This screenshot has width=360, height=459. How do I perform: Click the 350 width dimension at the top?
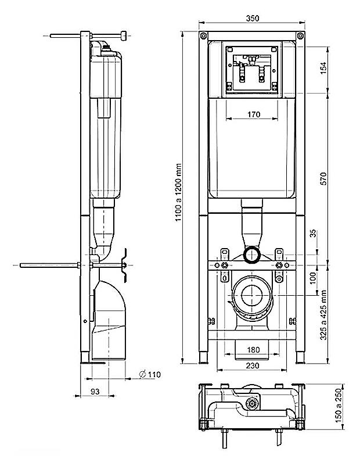[252, 18]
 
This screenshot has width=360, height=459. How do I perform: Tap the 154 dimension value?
[323, 68]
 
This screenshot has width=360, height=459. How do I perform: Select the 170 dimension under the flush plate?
[254, 114]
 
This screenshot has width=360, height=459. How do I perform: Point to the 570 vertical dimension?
[323, 178]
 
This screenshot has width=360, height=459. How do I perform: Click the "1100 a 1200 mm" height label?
[178, 193]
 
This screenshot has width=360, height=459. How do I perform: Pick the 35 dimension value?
[313, 234]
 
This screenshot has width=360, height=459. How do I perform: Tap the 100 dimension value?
[313, 278]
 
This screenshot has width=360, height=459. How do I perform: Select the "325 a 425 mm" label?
[323, 315]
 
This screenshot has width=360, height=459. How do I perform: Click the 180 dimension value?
[253, 350]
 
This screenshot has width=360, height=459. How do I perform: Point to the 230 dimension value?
[253, 365]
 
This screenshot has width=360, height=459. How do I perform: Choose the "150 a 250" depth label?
[339, 406]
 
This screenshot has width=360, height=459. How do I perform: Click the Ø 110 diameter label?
[150, 374]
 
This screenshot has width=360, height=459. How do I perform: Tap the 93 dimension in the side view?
[95, 392]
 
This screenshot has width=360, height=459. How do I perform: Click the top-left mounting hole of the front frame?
[203, 36]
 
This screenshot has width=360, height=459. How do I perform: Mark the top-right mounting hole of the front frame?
[300, 36]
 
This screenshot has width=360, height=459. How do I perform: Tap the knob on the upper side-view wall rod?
[124, 35]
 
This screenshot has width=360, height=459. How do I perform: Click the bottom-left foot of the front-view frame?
[203, 358]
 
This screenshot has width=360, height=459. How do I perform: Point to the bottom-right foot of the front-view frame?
[300, 358]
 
